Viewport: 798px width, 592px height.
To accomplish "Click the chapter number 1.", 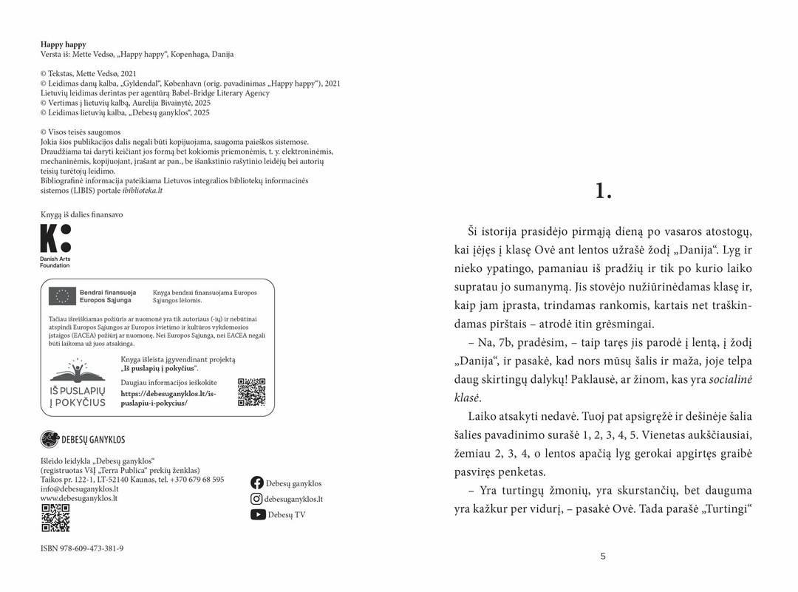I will tap(603, 191).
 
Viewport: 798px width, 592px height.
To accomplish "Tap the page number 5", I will tap(603, 557).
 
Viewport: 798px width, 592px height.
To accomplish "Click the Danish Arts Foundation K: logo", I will tap(55, 239).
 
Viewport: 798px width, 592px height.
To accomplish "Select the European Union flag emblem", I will tap(63, 296).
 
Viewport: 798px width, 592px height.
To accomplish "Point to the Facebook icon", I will tap(257, 483).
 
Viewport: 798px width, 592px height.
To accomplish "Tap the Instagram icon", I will tap(257, 499).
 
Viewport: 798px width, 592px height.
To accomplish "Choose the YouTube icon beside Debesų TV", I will tap(257, 515).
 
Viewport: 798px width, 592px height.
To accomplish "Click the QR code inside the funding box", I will tap(251, 392).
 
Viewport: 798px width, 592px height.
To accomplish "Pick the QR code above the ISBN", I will tap(55, 518).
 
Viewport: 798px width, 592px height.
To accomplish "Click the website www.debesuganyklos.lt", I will tap(79, 499).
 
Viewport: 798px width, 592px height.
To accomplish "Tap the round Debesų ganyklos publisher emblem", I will tap(50, 440).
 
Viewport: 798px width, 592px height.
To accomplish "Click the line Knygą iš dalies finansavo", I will tap(81, 214).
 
